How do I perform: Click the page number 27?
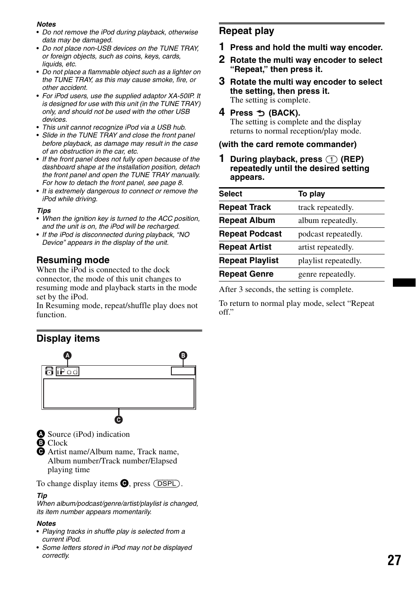394,560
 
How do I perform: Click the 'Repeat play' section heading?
246,31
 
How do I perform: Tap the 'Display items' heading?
68,339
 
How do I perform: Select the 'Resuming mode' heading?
73,260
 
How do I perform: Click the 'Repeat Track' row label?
245,207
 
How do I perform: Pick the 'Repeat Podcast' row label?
250,234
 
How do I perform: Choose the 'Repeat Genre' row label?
246,274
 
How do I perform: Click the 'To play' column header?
311,194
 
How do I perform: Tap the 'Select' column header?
230,194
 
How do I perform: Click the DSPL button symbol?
167,484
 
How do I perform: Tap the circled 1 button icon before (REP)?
331,159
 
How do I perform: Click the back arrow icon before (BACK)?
261,113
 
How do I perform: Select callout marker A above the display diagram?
68,355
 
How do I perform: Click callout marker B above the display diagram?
183,355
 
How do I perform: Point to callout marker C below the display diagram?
119,420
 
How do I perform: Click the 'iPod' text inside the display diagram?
68,371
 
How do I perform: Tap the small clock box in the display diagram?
183,371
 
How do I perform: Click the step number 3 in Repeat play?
222,82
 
